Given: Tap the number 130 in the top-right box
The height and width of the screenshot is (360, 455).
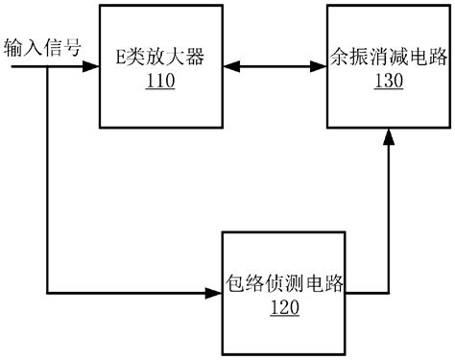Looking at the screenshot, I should pos(387,83).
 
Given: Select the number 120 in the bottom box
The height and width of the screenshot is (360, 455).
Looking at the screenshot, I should pos(285,307).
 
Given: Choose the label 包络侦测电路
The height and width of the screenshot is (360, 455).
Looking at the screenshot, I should pos(285,287).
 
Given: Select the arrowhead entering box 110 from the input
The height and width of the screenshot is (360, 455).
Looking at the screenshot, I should pos(92,67).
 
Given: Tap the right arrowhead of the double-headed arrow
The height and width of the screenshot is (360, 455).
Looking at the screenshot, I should pos(319,67).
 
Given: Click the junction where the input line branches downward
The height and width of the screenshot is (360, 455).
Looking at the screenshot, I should pos(46,67).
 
